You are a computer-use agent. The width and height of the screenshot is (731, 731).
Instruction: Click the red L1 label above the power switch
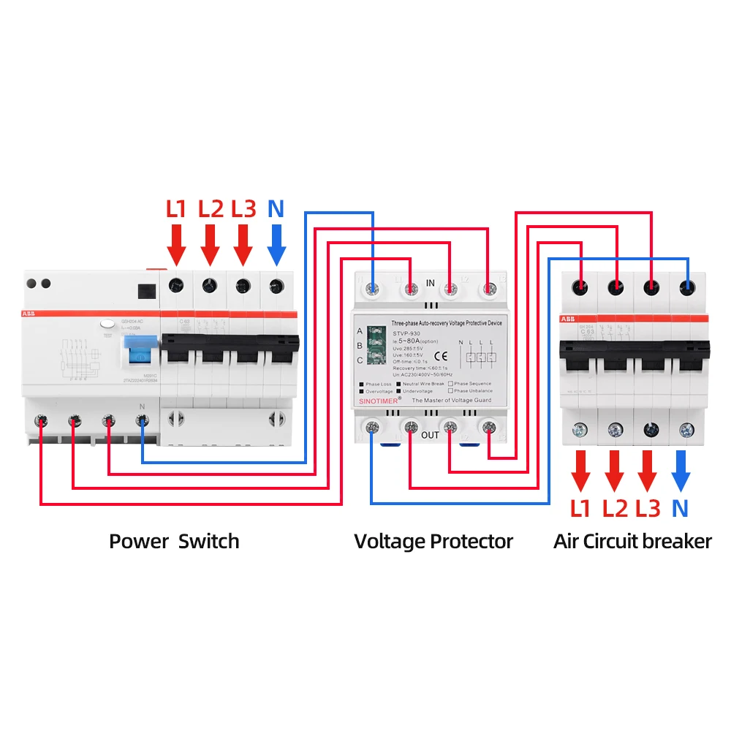pyautogui.click(x=176, y=209)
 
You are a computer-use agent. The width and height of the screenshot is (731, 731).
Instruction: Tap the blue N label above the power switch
pyautogui.click(x=276, y=209)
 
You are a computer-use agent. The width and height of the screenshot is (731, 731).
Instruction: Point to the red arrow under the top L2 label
pyautogui.click(x=210, y=244)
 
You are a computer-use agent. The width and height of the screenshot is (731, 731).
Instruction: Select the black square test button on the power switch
pyautogui.click(x=146, y=290)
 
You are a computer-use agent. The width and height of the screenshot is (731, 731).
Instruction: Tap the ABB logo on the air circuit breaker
pyautogui.click(x=567, y=319)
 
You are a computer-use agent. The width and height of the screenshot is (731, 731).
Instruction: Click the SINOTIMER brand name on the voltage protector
pyautogui.click(x=379, y=401)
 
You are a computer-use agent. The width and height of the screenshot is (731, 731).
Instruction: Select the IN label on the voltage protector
pyautogui.click(x=431, y=283)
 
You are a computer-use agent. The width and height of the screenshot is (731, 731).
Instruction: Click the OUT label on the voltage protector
pyautogui.click(x=431, y=436)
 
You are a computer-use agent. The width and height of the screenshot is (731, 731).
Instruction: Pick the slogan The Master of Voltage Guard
pyautogui.click(x=452, y=401)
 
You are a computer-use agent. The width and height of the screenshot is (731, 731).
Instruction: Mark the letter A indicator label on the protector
pyautogui.click(x=359, y=330)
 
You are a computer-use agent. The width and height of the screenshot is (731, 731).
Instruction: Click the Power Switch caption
pyautogui.click(x=174, y=542)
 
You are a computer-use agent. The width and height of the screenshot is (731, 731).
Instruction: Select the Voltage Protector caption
pyautogui.click(x=433, y=542)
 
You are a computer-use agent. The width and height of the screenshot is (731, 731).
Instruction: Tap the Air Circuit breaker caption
pyautogui.click(x=632, y=542)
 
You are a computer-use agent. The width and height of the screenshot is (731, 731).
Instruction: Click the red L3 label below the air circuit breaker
pyautogui.click(x=648, y=509)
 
